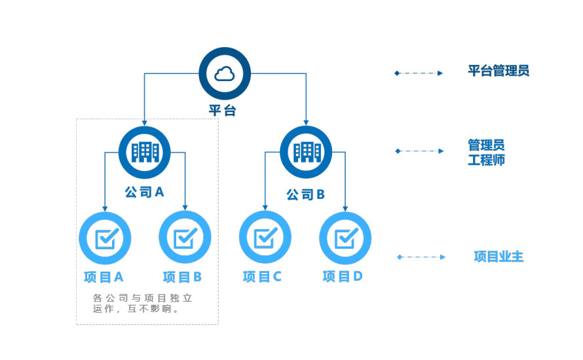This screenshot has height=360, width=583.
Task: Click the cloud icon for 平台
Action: [225, 73]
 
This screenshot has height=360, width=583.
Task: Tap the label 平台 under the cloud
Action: [223, 110]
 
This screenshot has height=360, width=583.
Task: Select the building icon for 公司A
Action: [145, 152]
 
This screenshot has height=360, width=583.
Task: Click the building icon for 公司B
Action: [306, 152]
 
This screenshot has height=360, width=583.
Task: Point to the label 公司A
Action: [144, 192]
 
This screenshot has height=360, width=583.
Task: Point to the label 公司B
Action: [306, 194]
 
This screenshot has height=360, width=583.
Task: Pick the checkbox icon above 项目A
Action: [105, 238]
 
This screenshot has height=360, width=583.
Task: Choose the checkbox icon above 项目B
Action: [185, 238]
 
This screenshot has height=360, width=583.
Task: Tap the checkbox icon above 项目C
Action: [265, 238]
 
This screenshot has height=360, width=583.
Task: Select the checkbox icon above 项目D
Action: [345, 238]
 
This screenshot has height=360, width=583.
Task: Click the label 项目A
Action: [104, 277]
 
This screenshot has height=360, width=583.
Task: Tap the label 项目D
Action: [343, 277]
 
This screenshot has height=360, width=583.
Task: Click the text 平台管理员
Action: [498, 71]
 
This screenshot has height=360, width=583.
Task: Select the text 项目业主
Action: [498, 257]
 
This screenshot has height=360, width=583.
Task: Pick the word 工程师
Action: [486, 160]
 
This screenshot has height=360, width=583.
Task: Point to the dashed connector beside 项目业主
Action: [421, 257]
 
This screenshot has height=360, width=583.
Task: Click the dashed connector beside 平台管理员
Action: [419, 73]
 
